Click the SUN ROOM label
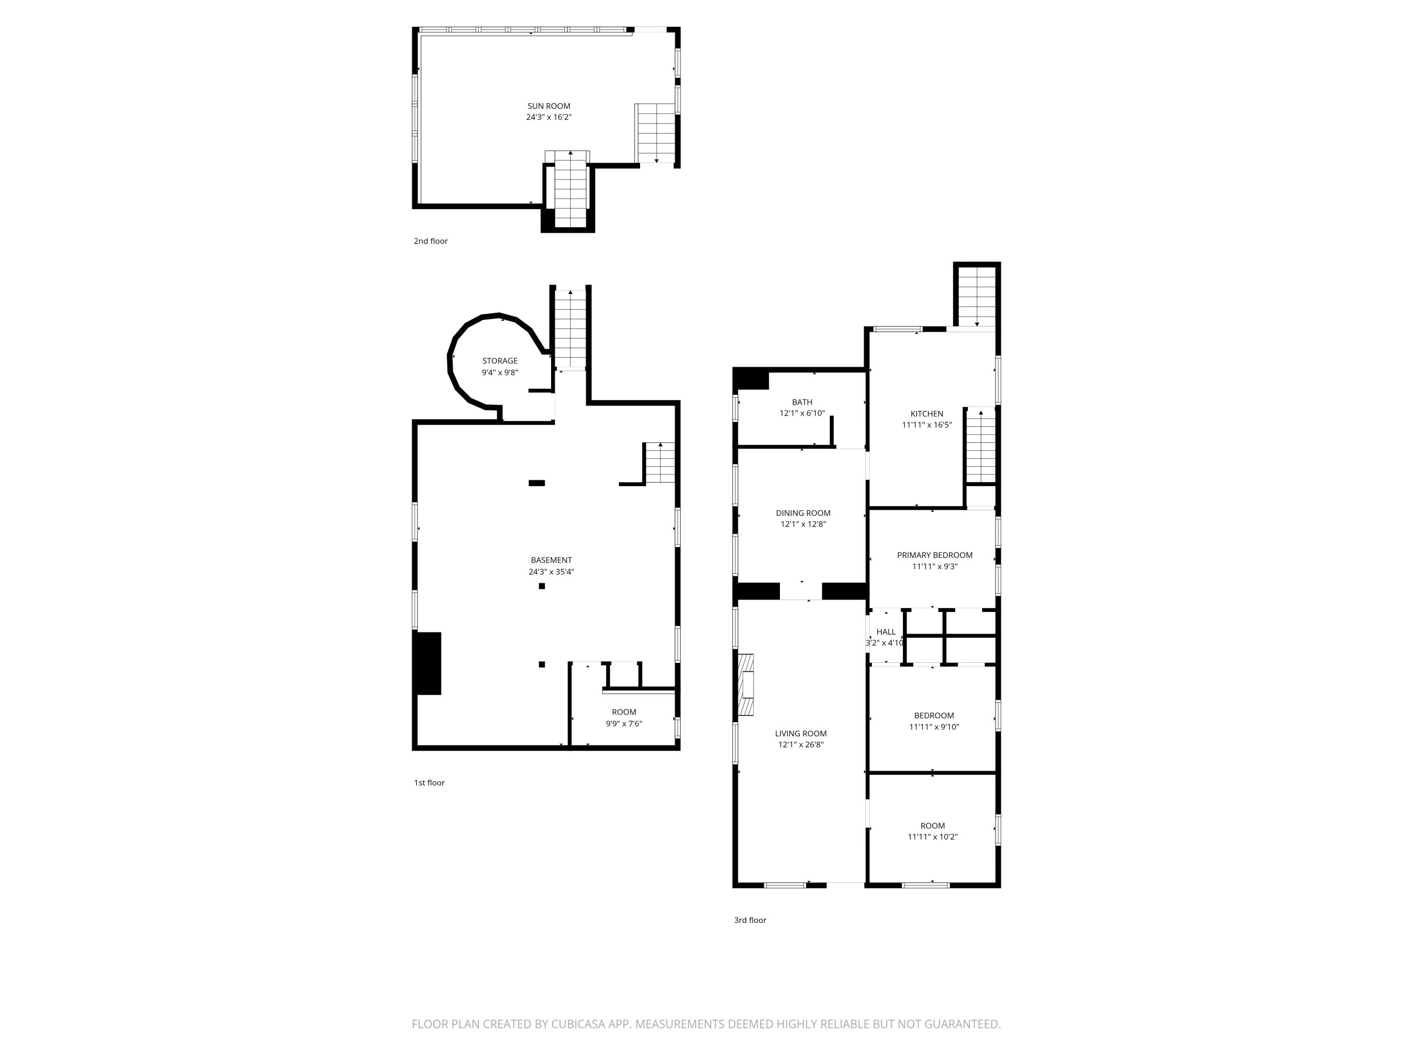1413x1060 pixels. click(x=549, y=106)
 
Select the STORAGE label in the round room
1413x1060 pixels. click(x=500, y=361)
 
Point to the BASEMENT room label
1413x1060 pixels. click(x=551, y=560)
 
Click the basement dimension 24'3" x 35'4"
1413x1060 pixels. click(x=551, y=572)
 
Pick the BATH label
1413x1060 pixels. click(x=802, y=402)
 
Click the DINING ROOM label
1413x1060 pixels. click(x=803, y=513)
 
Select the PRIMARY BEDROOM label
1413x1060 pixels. click(x=934, y=555)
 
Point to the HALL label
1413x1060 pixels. click(x=886, y=632)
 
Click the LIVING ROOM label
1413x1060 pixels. click(x=800, y=734)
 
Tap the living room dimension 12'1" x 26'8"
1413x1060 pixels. click(x=800, y=744)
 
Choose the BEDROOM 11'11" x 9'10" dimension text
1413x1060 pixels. click(x=934, y=726)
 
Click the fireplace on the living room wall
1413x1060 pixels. click(x=746, y=685)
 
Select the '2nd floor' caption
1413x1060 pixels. click(x=430, y=241)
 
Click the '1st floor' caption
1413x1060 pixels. click(x=429, y=783)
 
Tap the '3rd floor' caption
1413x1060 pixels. click(x=750, y=920)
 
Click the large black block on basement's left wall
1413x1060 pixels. click(x=427, y=663)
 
